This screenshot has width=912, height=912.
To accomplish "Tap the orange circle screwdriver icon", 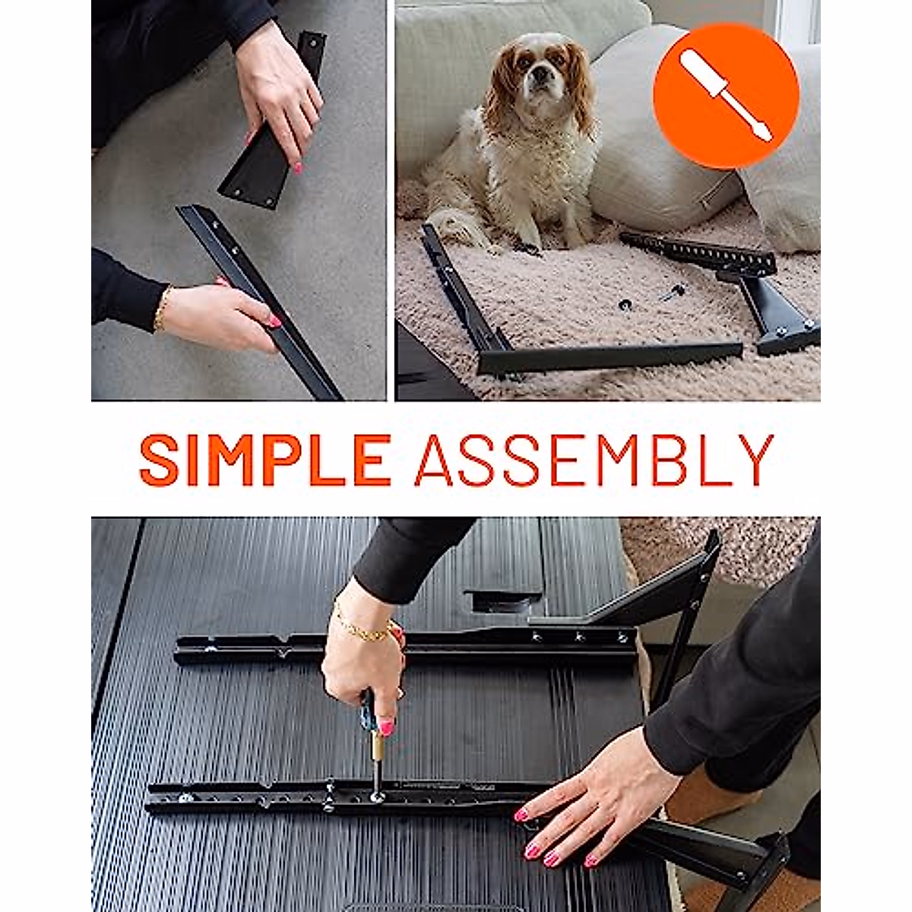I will click(x=726, y=96).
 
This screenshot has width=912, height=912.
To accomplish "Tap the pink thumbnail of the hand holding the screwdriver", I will click(x=387, y=727).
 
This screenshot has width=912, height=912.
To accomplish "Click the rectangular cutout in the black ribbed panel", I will click(x=505, y=600).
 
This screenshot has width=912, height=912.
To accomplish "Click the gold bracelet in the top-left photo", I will click(x=161, y=309).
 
